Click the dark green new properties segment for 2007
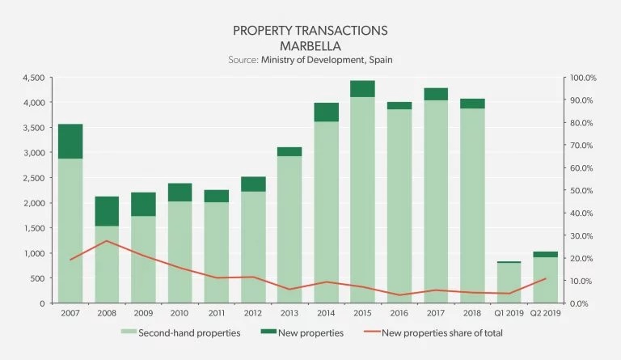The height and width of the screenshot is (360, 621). click(x=70, y=141)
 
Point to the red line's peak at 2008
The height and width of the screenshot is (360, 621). click(x=107, y=241)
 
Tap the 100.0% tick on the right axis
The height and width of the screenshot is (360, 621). click(x=583, y=78)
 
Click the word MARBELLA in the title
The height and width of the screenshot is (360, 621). click(x=310, y=45)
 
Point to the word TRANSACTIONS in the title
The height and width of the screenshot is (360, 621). click(x=340, y=31)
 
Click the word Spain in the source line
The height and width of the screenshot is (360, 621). click(x=379, y=60)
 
